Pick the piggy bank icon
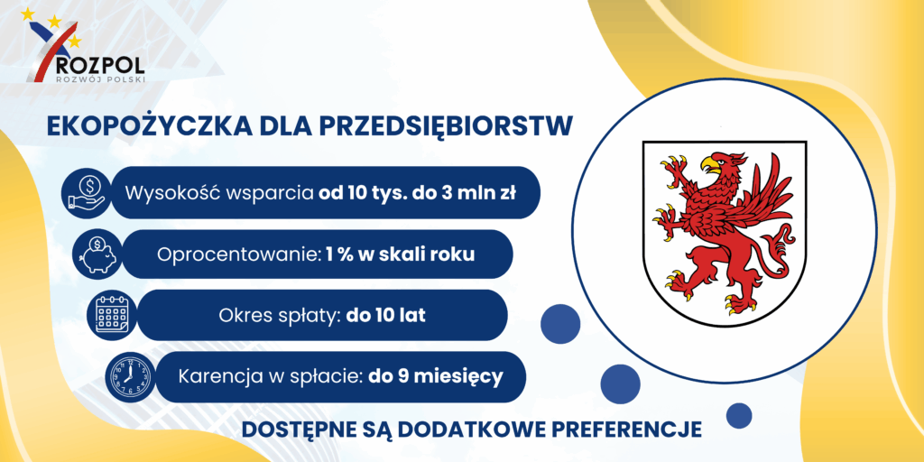tap(97, 254)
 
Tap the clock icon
tap(128, 377)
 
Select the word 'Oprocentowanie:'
tap(238, 255)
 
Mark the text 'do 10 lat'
tap(386, 316)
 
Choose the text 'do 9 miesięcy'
tap(436, 376)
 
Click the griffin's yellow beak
tap(710, 162)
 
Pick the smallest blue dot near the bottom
tap(739, 415)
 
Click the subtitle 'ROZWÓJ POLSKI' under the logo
tap(99, 79)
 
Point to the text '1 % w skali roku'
tap(400, 255)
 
